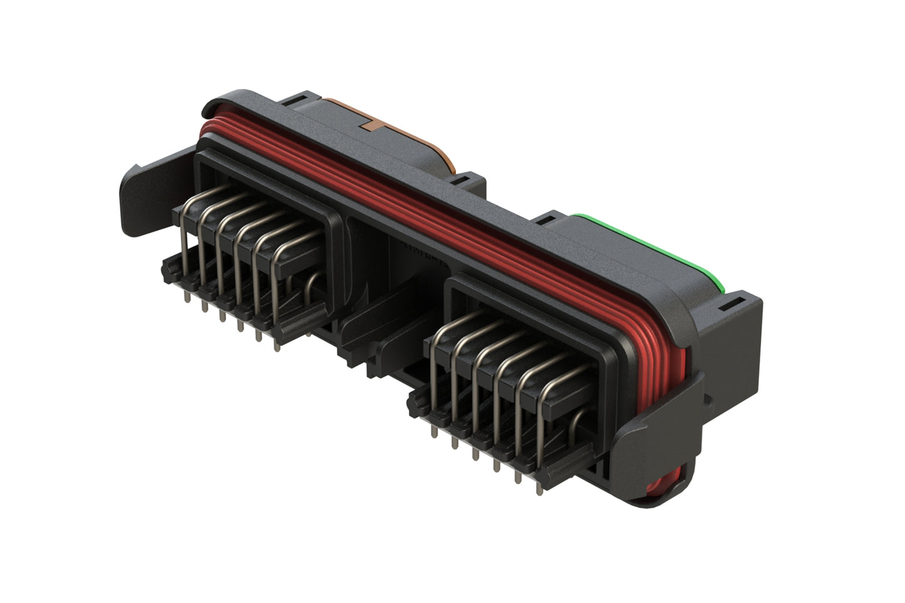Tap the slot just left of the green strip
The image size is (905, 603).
[544, 220]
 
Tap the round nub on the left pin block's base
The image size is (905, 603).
[167, 270]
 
